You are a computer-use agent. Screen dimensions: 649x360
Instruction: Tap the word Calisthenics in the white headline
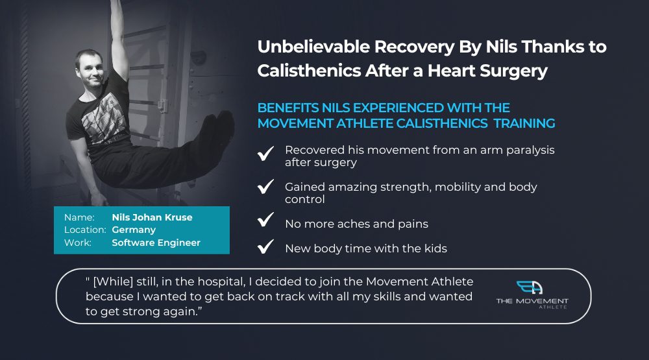pos(309,71)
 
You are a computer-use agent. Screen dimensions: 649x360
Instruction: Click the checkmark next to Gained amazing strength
pos(265,186)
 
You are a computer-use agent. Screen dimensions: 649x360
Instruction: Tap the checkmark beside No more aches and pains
pos(265,219)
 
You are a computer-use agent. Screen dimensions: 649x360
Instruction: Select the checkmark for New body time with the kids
pos(265,246)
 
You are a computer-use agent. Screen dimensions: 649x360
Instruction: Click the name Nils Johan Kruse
pos(153,217)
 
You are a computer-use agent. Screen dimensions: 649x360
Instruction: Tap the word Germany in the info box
pos(134,230)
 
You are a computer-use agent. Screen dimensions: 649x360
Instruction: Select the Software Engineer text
pos(156,243)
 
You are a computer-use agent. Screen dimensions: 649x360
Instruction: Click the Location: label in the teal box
pos(85,230)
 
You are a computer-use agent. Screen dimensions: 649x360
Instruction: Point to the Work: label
pos(78,243)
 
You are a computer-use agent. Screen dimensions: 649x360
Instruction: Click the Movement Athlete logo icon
pos(530,287)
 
